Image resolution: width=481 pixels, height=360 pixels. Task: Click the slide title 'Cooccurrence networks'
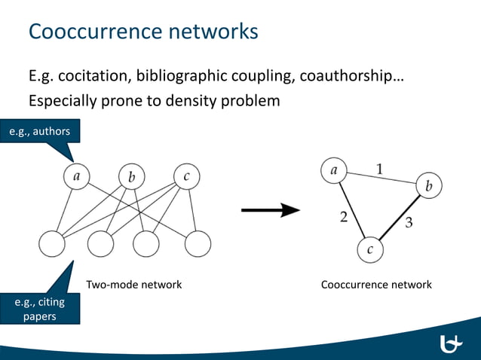coord(143,32)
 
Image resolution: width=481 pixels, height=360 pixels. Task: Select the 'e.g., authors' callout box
coord(39,132)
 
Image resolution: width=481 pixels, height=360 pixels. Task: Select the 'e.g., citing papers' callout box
coord(39,309)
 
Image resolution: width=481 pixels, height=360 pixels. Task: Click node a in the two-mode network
coord(76,177)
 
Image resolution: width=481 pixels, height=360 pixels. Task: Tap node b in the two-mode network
coord(131,178)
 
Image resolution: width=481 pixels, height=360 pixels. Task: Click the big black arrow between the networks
coord(271,211)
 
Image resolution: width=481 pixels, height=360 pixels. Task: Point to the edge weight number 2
coord(343,218)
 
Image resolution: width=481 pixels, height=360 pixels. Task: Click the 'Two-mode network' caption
coord(134,285)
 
